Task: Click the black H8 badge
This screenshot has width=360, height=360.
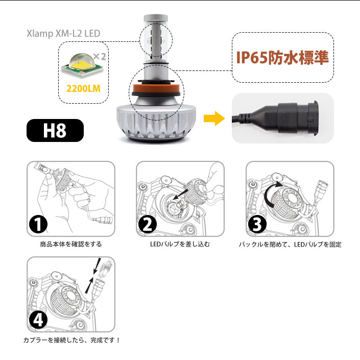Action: [x=55, y=130]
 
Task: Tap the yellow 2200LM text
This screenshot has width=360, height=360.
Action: [x=83, y=89]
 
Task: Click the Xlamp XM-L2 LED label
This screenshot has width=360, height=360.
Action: [x=63, y=34]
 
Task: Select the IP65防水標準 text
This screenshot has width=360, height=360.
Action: [x=282, y=57]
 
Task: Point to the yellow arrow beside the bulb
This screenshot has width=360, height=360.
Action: [x=214, y=118]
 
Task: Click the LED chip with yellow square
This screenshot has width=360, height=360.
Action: [x=82, y=65]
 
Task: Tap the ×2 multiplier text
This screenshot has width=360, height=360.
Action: [x=100, y=57]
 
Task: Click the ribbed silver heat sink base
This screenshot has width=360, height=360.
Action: [x=156, y=123]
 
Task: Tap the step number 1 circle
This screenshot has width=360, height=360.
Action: [x=38, y=224]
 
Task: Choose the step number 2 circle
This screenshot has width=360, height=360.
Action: [x=148, y=224]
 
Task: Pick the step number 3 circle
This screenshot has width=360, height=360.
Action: [x=257, y=224]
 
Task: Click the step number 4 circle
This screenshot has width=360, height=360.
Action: [x=38, y=320]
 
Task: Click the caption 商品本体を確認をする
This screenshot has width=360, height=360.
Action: [x=70, y=244]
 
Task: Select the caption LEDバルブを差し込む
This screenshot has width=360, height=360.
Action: [x=180, y=244]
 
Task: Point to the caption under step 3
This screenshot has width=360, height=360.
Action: [x=290, y=244]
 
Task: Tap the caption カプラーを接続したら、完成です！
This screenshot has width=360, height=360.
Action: [x=71, y=340]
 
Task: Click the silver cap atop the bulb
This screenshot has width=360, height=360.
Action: [x=156, y=18]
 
